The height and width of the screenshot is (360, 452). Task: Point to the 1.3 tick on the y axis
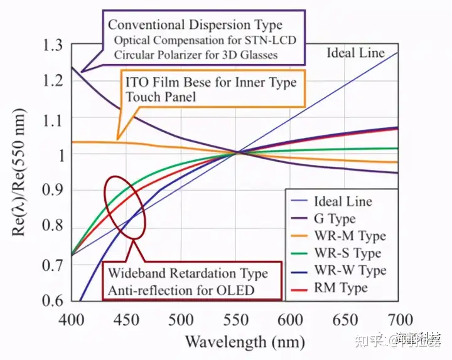pyautogui.click(x=53, y=45)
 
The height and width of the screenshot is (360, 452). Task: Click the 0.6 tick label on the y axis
pyautogui.click(x=53, y=300)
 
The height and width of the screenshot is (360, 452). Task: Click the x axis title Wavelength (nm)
pyautogui.click(x=245, y=342)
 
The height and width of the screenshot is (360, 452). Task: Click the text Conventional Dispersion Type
pyautogui.click(x=195, y=26)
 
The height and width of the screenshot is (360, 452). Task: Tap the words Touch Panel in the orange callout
pyautogui.click(x=161, y=97)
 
